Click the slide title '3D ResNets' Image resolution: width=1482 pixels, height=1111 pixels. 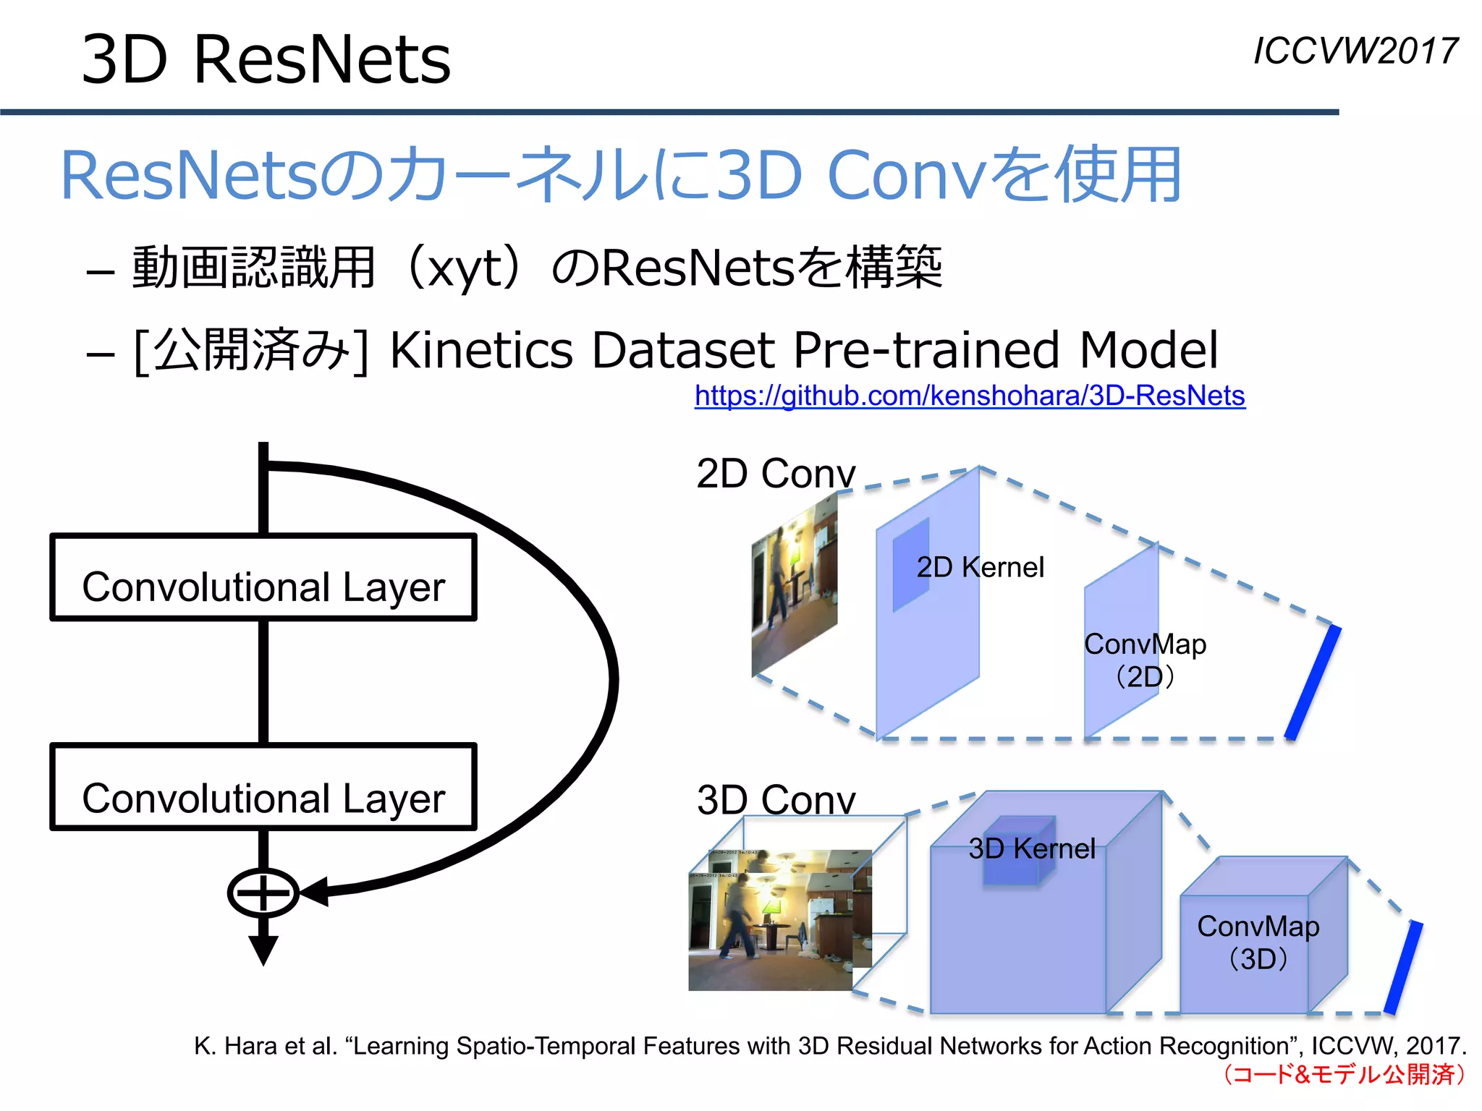pos(266,59)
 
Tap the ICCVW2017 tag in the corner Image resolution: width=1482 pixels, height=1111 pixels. pos(1355,51)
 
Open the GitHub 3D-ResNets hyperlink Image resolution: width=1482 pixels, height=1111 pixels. pos(970,396)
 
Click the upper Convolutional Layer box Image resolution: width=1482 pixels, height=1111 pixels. pos(263,578)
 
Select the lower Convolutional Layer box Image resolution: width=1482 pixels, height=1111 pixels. pos(263,788)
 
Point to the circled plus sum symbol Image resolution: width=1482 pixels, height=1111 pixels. pos(263,893)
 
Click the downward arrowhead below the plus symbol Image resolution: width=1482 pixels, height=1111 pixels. pos(263,950)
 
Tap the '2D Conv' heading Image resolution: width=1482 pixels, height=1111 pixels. pos(776,474)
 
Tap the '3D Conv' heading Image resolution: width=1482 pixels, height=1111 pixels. pos(776,800)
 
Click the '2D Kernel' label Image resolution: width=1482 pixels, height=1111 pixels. pos(981,567)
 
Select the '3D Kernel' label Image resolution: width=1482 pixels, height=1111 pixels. pos(1032,848)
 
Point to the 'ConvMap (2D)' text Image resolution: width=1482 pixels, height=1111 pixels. pos(1145,660)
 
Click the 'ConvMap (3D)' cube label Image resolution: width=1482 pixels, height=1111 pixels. pos(1258,942)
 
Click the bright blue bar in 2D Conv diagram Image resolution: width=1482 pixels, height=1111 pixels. pos(1313,683)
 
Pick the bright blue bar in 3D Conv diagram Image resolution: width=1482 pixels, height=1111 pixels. pos(1403,967)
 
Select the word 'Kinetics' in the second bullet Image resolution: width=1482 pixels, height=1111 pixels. pos(481,351)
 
